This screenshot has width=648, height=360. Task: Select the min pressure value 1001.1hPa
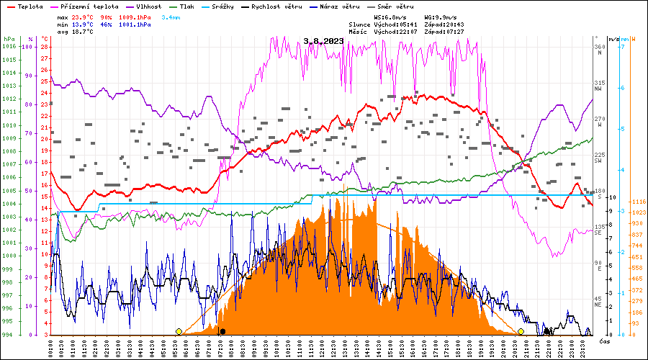(x=135, y=24)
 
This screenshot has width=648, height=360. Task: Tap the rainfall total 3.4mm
(x=171, y=16)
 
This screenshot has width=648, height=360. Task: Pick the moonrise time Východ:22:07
(x=398, y=32)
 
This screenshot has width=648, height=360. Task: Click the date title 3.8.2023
(x=323, y=41)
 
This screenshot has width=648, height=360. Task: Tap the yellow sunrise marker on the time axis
(x=179, y=331)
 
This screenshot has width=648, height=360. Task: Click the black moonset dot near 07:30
(x=222, y=331)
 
